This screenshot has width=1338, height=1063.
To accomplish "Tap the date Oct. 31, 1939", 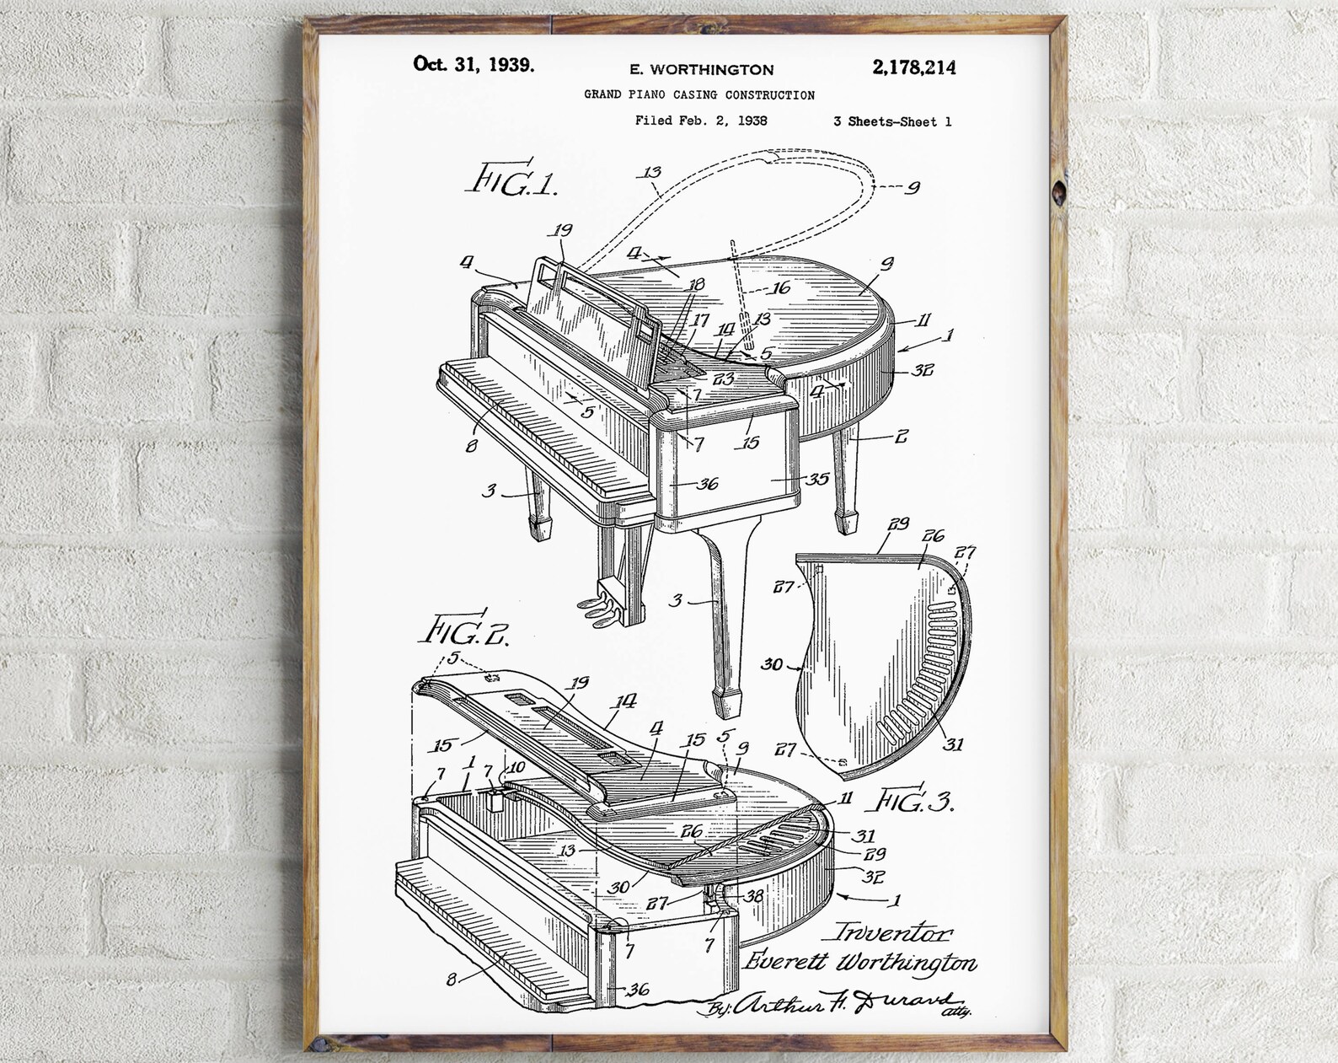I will coord(473,64).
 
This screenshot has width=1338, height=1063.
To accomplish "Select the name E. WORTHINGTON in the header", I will coord(701,70).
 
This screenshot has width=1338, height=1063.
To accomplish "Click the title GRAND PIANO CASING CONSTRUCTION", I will coord(699,95).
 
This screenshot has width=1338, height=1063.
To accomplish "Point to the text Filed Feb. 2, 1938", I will coord(701,121).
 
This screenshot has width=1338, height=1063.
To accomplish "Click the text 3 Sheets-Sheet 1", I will coord(892,121).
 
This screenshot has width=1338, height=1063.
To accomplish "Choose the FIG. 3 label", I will coord(916,800).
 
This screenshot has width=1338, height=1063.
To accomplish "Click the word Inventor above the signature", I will coord(893,932).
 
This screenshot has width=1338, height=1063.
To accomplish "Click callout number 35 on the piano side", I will coord(816,479).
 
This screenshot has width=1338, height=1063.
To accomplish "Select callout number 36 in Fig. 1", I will coord(707,483).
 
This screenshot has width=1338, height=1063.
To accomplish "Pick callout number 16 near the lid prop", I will coord(781,288).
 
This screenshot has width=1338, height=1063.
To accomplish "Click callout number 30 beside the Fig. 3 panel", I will coord(772,664).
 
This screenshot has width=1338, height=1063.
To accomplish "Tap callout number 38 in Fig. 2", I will coord(753,896).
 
